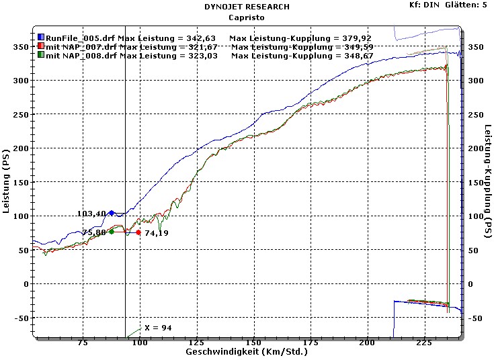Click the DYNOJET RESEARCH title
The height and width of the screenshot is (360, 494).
(x=247, y=7)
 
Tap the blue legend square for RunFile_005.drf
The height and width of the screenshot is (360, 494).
(x=40, y=38)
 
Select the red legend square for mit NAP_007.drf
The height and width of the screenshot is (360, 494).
(x=40, y=47)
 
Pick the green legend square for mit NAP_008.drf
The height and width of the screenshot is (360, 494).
(x=40, y=56)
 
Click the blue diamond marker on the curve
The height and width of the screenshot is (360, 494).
(x=112, y=213)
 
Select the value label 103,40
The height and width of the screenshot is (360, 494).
(x=91, y=214)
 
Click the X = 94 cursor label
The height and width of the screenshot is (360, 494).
(x=158, y=327)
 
